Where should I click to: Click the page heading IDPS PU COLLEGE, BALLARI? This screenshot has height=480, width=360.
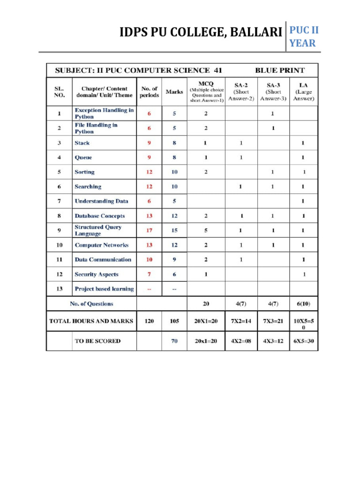point(201,33)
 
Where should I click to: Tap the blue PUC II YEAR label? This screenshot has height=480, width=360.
point(303,37)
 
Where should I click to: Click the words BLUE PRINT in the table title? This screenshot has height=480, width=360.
point(279,70)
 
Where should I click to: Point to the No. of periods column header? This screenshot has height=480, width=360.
point(149,91)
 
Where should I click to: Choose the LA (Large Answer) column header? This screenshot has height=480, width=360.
point(304,91)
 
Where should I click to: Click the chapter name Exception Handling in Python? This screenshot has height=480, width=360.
point(104,113)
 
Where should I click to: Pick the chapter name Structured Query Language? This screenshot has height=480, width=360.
point(98,230)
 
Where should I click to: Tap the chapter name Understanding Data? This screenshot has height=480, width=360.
point(101,201)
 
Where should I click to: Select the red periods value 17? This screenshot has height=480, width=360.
point(149,230)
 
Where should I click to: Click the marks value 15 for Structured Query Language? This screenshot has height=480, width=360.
point(174,230)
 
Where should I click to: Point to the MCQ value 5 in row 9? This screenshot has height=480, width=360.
point(206,230)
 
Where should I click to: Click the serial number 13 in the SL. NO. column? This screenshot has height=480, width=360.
point(59,289)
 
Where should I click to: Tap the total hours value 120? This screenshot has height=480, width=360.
point(149,321)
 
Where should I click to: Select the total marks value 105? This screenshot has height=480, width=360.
point(174,321)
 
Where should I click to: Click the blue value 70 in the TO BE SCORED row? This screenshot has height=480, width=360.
point(174,341)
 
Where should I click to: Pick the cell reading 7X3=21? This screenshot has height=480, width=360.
point(273,321)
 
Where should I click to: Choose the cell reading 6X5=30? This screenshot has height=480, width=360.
point(304,341)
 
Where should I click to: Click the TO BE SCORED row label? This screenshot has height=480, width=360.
point(97,341)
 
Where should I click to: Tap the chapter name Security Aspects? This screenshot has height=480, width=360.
point(96,274)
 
